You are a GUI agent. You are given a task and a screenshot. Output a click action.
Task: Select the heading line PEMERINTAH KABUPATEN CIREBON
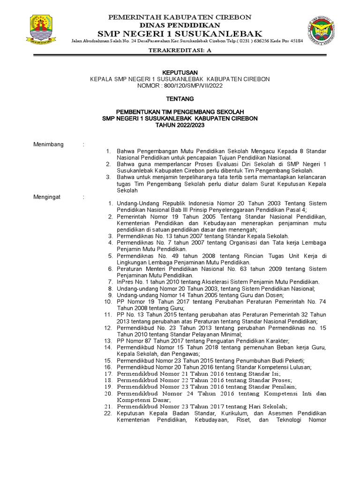point(180,17)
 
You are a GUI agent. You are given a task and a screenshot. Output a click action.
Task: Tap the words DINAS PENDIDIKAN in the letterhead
point(180,24)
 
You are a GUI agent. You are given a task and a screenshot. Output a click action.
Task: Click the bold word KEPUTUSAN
point(180,73)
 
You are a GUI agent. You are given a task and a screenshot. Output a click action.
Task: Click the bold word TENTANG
point(180,99)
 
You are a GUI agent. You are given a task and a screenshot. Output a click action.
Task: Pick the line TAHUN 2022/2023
point(180,126)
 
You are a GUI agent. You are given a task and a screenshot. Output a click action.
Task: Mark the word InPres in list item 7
point(125,282)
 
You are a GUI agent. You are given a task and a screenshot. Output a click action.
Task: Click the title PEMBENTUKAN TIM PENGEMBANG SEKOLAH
point(180,112)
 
